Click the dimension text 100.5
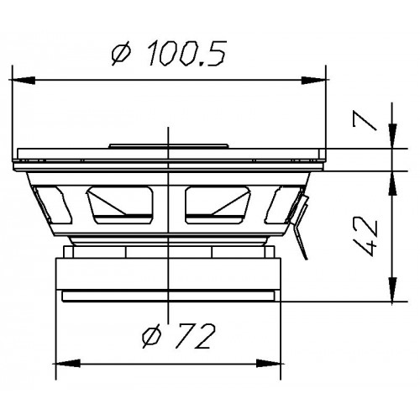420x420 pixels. [186, 55]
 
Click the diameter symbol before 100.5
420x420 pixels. [121, 55]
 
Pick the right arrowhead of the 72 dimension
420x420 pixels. [276, 365]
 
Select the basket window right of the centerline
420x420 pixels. [217, 202]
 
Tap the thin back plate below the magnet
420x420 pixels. [168, 297]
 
